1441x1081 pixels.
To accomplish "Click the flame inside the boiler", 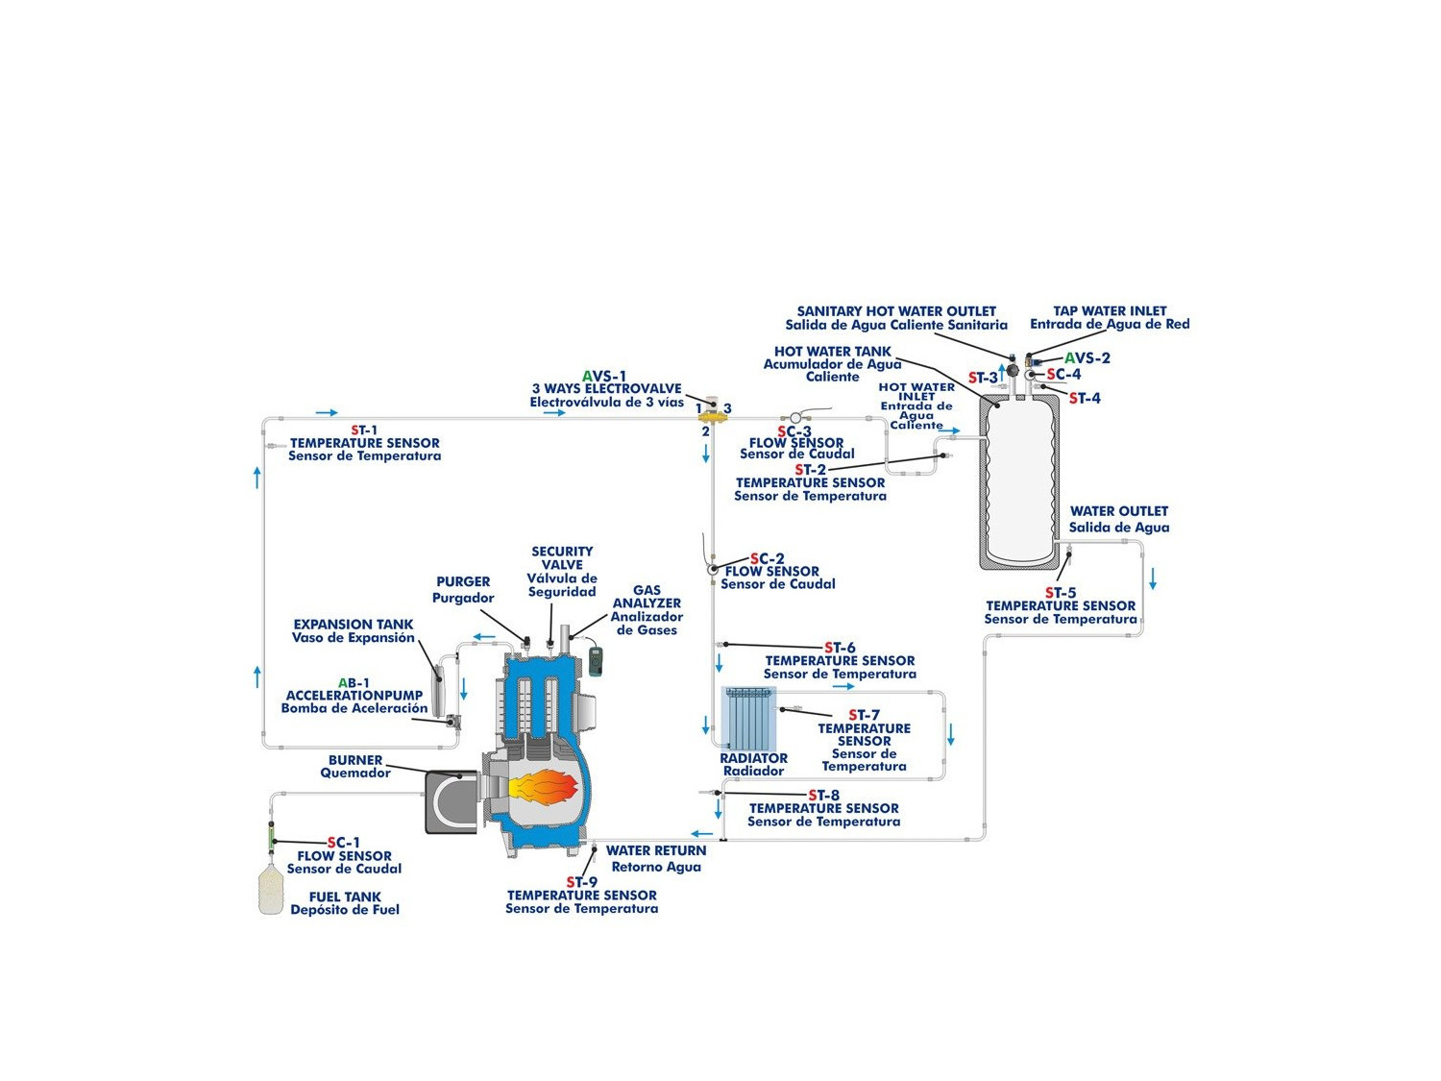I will pos(545,787).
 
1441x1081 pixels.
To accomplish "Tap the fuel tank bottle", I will pos(271,891).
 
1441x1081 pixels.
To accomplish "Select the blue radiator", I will pos(750,720).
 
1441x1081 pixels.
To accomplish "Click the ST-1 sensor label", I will pos(364,430).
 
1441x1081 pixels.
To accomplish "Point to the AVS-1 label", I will pos(604,376).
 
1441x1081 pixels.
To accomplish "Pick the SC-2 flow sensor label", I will pos(768,558).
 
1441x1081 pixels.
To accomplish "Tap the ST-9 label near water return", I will pos(581,882).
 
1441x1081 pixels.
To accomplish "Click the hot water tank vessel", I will pos(1019,480).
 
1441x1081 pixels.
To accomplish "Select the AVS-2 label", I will pos(1087,358).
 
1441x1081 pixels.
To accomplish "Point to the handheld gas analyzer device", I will pos(596,661).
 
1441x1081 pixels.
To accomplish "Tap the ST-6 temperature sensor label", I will pos(840,648).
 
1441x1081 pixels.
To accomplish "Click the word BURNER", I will pos(355,760).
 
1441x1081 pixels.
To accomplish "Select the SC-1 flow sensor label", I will pos(344,843).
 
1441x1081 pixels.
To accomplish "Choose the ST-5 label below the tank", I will pos(1061,593).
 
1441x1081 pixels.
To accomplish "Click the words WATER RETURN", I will pos(656,850).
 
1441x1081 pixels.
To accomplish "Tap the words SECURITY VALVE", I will pos(562,558).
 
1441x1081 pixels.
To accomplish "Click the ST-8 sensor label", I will pos(824,795).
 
